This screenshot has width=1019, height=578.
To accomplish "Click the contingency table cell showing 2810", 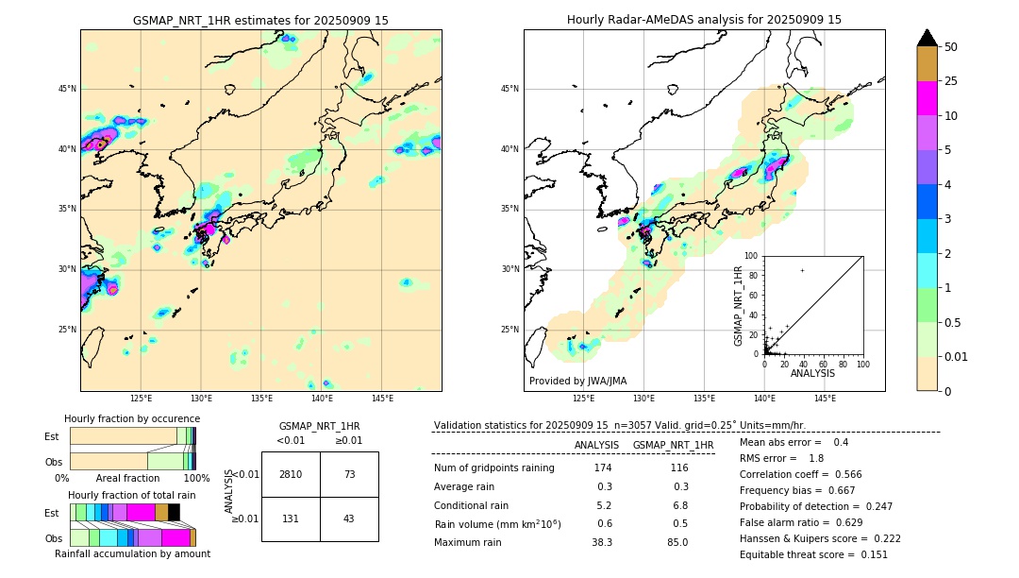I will click(x=291, y=474).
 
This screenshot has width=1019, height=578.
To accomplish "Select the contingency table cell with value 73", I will click(x=349, y=474).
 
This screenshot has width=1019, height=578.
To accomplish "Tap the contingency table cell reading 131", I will click(x=291, y=518).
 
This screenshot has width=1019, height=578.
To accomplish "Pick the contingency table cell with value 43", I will click(x=349, y=518).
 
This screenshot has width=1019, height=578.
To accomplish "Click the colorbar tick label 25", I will click(x=951, y=81).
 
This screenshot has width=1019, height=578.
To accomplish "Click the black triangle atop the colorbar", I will click(x=927, y=38).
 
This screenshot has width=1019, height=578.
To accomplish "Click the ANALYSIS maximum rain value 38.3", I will click(x=602, y=542).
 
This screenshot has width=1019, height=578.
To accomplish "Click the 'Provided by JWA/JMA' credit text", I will click(x=577, y=381).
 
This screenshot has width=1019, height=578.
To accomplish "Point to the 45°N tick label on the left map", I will click(x=67, y=89).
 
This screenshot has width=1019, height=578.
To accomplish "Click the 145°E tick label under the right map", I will click(x=825, y=399).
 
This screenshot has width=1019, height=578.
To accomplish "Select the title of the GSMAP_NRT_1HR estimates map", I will click(x=260, y=20).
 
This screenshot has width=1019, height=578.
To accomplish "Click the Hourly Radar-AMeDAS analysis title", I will click(x=704, y=20).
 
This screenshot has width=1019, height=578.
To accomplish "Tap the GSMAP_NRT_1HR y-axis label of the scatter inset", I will click(x=739, y=305).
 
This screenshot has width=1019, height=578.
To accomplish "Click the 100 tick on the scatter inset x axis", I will click(x=861, y=364).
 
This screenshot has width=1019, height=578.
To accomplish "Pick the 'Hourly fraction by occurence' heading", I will click(x=132, y=418).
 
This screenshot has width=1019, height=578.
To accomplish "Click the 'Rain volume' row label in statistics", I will click(x=497, y=524).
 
